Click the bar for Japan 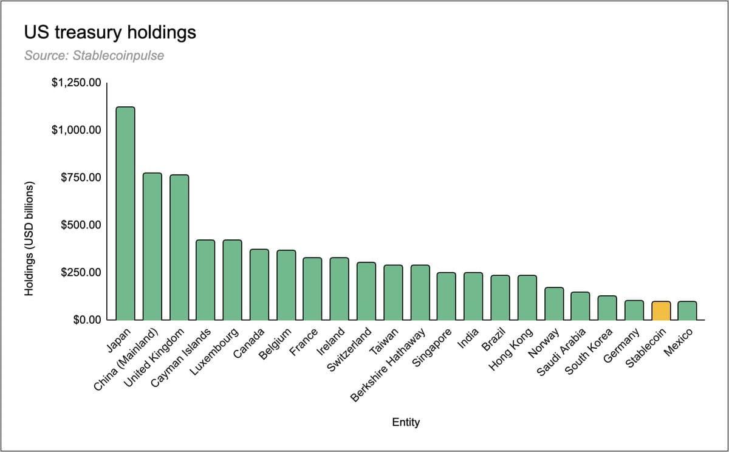coord(125,213)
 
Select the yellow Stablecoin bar coord(661,310)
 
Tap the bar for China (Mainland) coord(152,246)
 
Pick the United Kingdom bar coord(179,247)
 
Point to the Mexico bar coord(687,310)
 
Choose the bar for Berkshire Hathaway coord(420,292)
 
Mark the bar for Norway coord(554,303)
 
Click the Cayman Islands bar coord(205,279)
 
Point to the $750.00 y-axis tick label coord(81,177)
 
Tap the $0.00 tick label coord(86,320)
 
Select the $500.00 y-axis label coord(81,225)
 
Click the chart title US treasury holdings coord(110,32)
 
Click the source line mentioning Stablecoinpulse coord(94,56)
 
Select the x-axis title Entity coord(406,422)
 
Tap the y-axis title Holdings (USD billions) coord(29,239)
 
